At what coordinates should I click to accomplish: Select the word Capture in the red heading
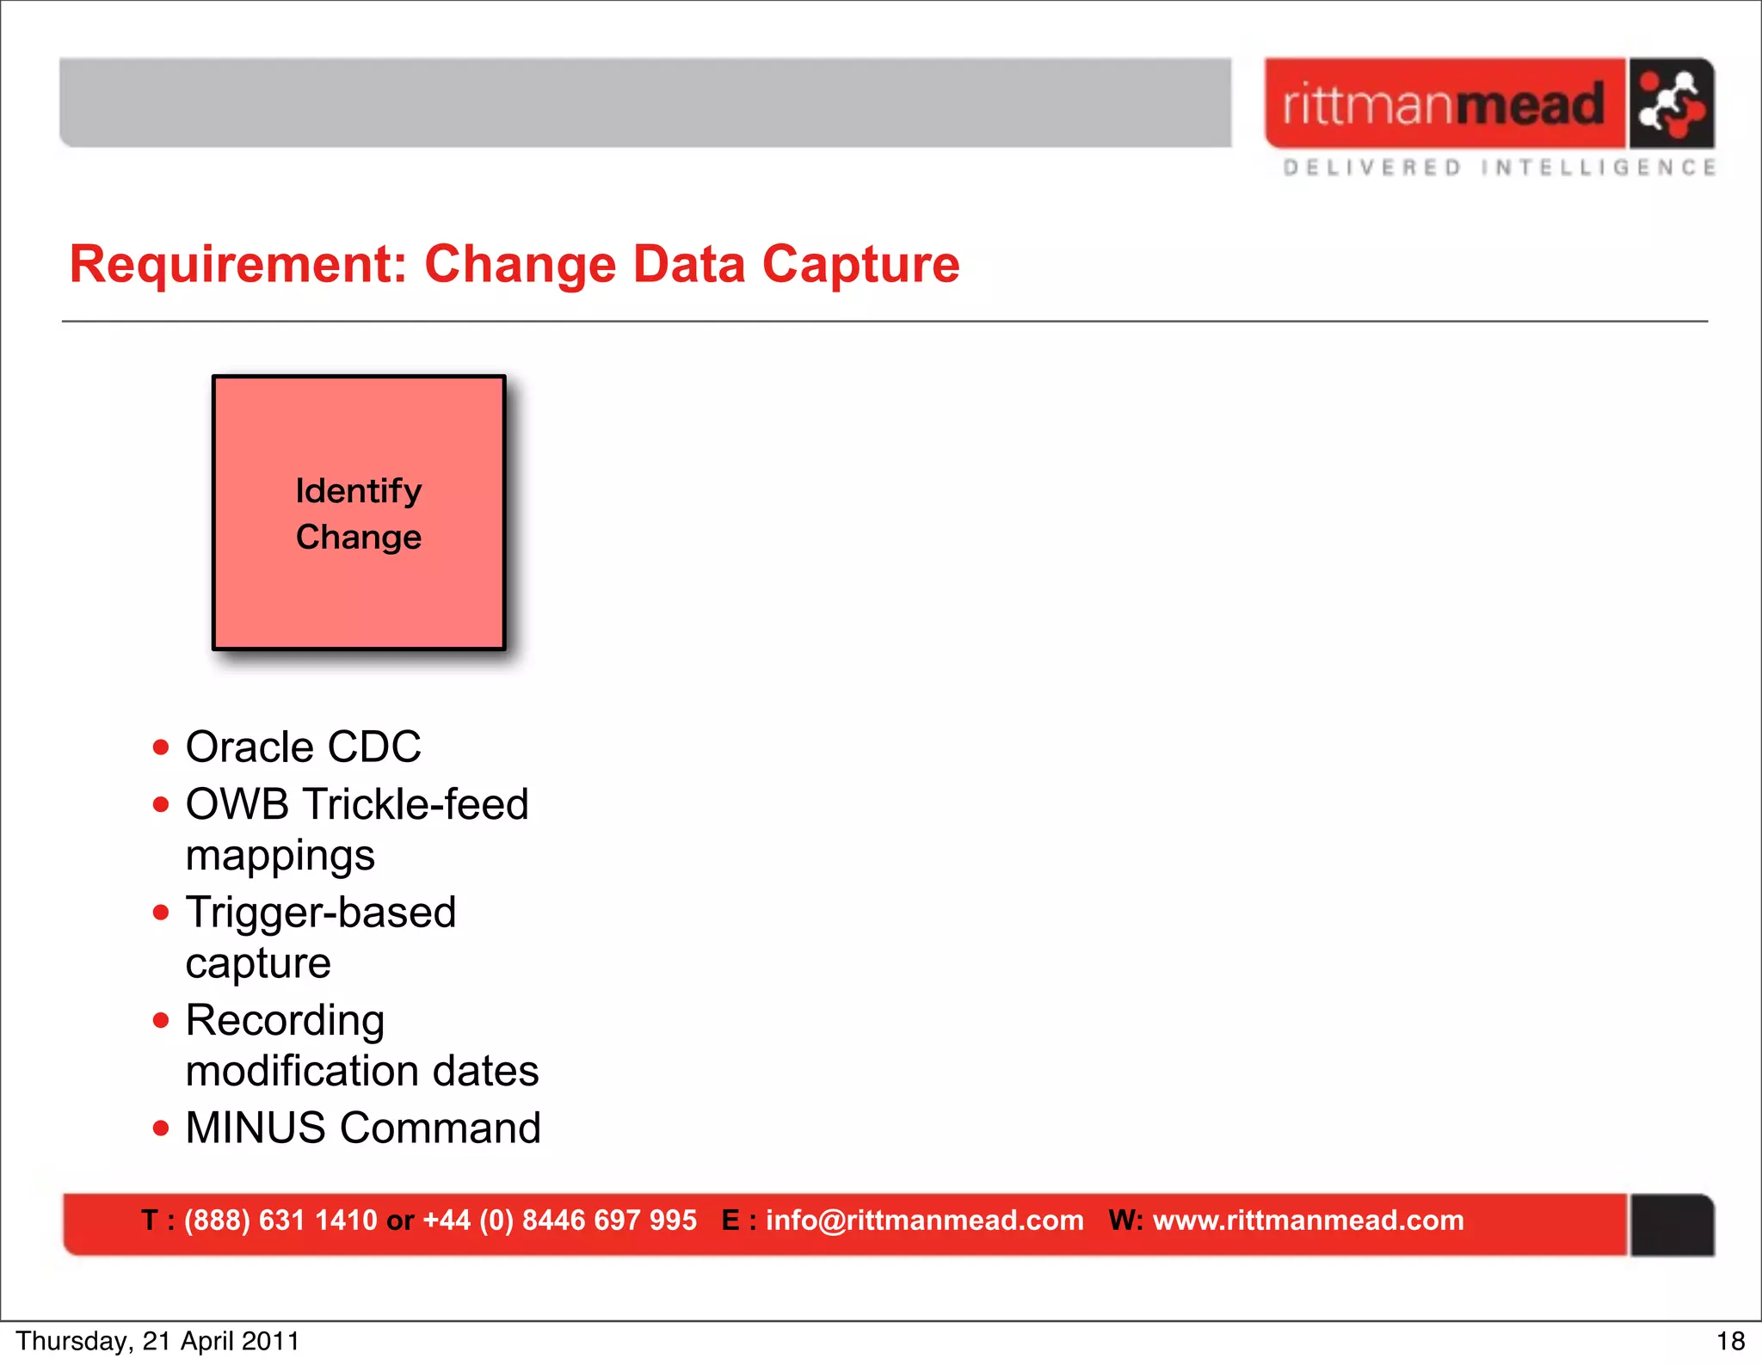pyautogui.click(x=860, y=264)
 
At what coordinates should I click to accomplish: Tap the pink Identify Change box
pyautogui.click(x=359, y=513)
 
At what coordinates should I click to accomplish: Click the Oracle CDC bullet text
pyautogui.click(x=303, y=747)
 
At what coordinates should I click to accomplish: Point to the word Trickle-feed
pyautogui.click(x=416, y=805)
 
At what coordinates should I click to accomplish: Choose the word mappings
pyautogui.click(x=280, y=856)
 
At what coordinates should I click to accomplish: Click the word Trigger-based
pyautogui.click(x=321, y=913)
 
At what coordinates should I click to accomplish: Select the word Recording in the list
pyautogui.click(x=285, y=1021)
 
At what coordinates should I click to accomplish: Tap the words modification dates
pyautogui.click(x=362, y=1072)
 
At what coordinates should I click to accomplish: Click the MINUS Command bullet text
pyautogui.click(x=363, y=1128)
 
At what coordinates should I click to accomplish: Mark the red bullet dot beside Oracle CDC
pyautogui.click(x=161, y=747)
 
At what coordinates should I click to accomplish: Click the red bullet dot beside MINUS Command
pyautogui.click(x=161, y=1128)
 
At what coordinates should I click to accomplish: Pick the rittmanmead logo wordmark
pyautogui.click(x=1444, y=104)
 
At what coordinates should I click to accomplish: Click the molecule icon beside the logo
pyautogui.click(x=1671, y=104)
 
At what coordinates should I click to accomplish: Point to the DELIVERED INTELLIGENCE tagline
pyautogui.click(x=1499, y=168)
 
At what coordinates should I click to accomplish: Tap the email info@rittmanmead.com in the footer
pyautogui.click(x=924, y=1221)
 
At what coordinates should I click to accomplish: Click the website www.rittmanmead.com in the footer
pyautogui.click(x=1308, y=1221)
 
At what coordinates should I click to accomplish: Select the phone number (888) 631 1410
pyautogui.click(x=280, y=1221)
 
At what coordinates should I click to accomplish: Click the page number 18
pyautogui.click(x=1730, y=1342)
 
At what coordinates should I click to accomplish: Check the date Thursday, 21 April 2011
pyautogui.click(x=157, y=1342)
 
